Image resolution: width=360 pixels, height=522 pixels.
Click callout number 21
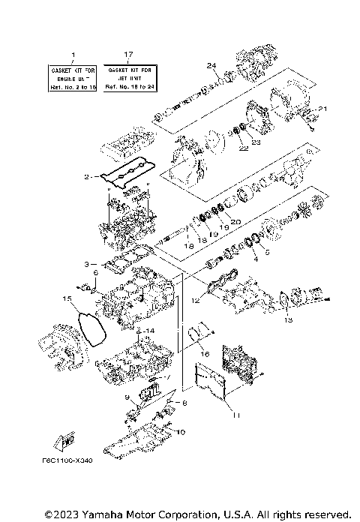[x=323, y=109]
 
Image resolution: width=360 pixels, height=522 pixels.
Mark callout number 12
[x=195, y=301]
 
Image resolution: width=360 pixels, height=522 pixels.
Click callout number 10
[x=179, y=432]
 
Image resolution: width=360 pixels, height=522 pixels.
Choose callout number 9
[x=127, y=397]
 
